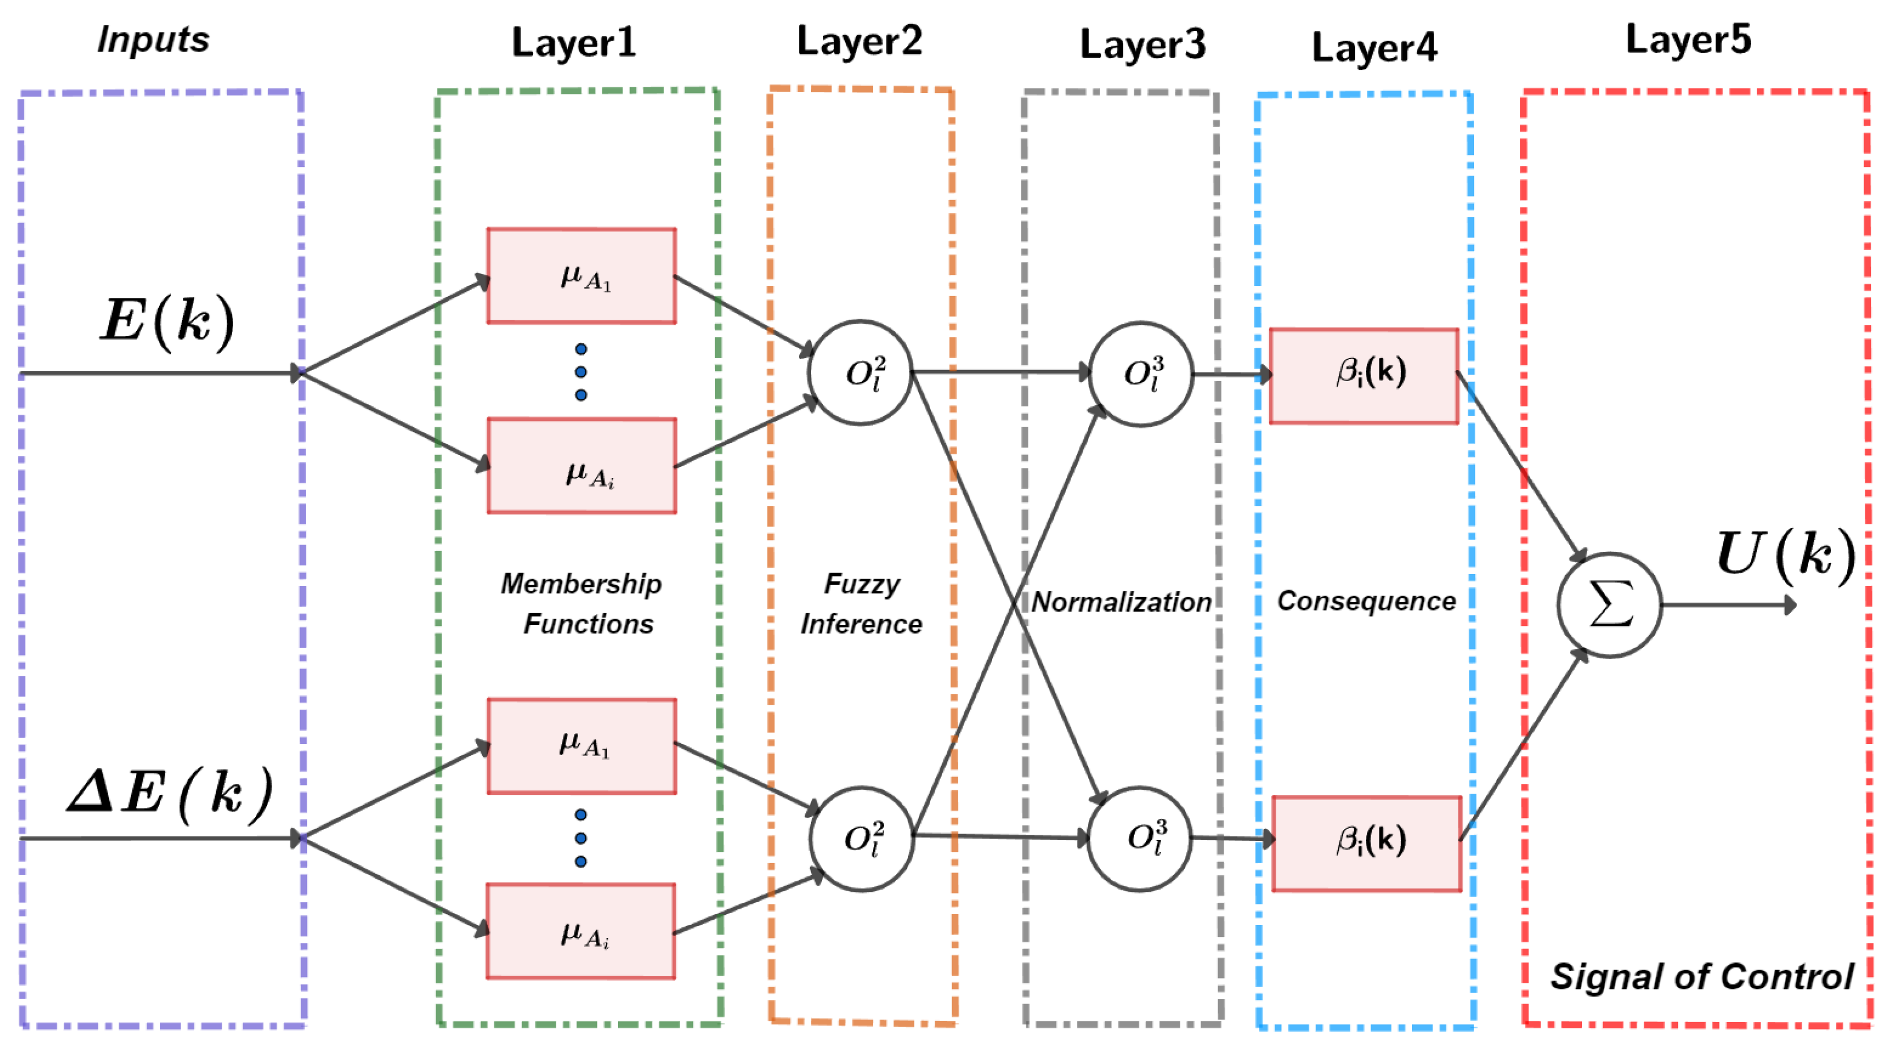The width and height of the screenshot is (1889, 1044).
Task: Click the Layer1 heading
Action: (x=573, y=43)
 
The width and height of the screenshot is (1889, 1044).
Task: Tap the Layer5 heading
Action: (x=1688, y=39)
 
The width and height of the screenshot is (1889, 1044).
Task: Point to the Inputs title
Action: (x=153, y=39)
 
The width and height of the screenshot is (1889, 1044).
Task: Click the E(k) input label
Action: (x=167, y=321)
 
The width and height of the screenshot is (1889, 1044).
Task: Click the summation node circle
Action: (x=1609, y=605)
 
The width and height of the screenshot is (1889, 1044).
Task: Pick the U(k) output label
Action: (x=1785, y=555)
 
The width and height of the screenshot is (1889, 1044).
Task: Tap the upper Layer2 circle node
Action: (x=860, y=372)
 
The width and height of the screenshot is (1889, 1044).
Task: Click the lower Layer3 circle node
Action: (x=1139, y=839)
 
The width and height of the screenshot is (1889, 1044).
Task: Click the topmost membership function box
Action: (x=581, y=276)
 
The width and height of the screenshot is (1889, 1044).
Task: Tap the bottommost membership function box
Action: (x=581, y=931)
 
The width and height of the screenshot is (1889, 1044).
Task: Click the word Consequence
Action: (x=1366, y=601)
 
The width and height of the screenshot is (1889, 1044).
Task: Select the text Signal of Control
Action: (x=1701, y=976)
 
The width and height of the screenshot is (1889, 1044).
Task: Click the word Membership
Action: (x=581, y=584)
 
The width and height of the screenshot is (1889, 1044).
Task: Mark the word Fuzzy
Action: (x=862, y=584)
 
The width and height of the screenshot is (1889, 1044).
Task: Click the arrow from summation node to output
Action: (x=1727, y=605)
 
